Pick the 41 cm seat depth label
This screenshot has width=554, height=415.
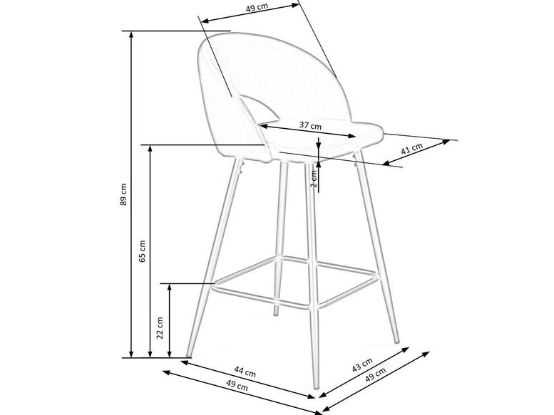click(x=411, y=149)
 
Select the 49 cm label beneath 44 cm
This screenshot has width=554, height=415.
click(x=237, y=387)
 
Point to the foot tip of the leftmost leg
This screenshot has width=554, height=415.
click(x=188, y=354)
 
